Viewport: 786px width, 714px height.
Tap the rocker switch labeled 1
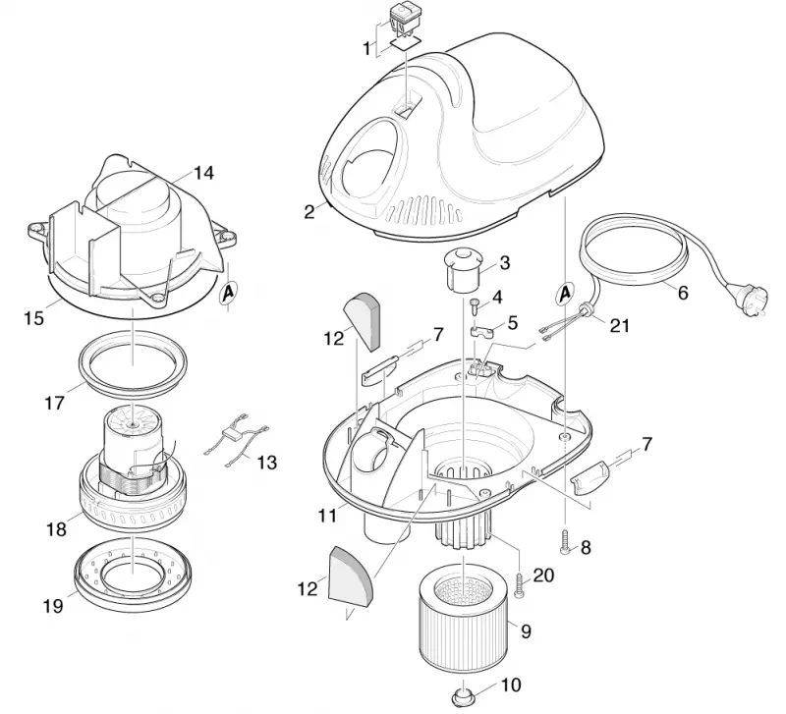tap(403, 18)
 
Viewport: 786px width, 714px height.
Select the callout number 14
tap(203, 174)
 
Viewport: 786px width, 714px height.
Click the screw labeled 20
tap(519, 585)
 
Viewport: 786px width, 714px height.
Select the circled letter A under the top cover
tap(565, 292)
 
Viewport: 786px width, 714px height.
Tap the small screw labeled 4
tap(474, 304)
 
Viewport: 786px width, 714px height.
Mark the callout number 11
tap(327, 515)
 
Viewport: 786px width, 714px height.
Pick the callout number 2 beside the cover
tap(309, 212)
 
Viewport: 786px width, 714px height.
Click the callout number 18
tap(57, 529)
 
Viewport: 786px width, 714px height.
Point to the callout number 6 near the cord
tap(683, 292)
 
